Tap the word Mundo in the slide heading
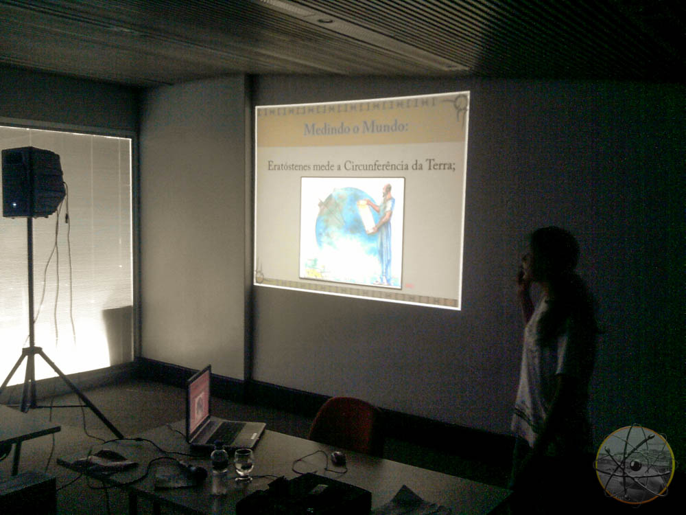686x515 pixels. [x=385, y=127]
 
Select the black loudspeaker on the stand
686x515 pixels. [x=33, y=182]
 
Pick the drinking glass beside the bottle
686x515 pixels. [x=244, y=465]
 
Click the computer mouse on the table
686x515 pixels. [x=338, y=459]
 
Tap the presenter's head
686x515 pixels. [x=552, y=254]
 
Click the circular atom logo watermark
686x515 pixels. [x=635, y=465]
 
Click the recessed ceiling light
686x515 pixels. [x=324, y=20]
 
